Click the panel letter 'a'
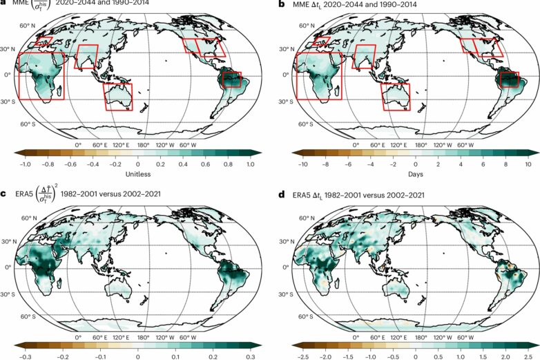click(x=3, y=4)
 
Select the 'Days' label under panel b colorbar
click(x=414, y=176)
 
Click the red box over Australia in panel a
click(x=118, y=96)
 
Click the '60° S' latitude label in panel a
click(x=29, y=124)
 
